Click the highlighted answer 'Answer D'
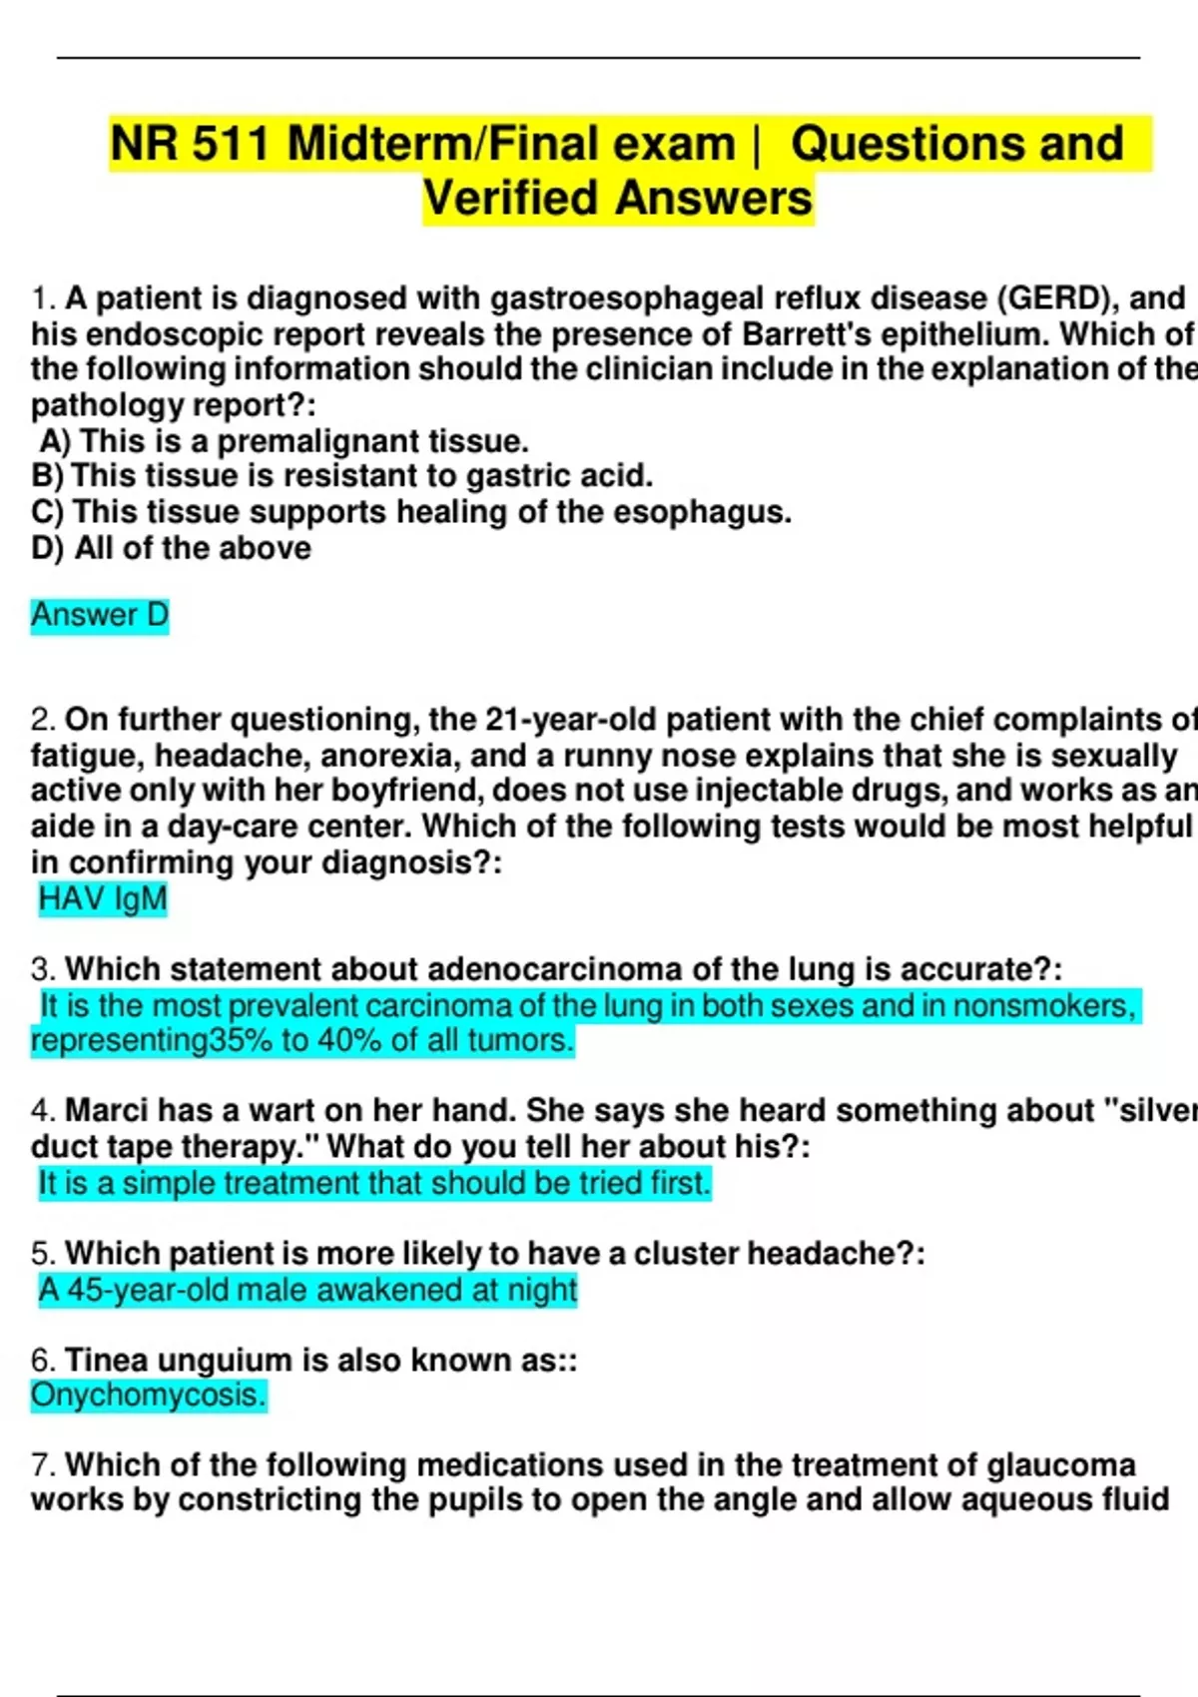coord(100,615)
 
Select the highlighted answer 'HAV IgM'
coord(102,898)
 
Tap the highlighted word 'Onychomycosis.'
coord(149,1395)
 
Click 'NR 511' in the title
coord(190,144)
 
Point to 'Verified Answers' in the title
coord(617,198)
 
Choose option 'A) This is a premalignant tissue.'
coord(285,440)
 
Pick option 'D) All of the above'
coord(172,548)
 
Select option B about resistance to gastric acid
coord(342,475)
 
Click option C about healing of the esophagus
coord(411,512)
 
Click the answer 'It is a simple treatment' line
coord(374,1183)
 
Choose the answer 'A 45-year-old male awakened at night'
coord(307,1290)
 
